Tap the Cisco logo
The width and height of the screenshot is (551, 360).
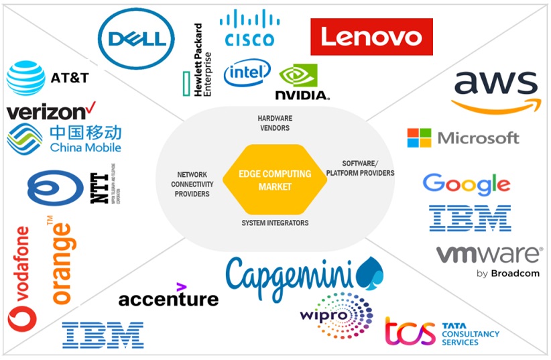coord(249,28)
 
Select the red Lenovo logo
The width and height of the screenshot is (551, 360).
coord(371,37)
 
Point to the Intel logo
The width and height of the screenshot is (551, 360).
coord(247,72)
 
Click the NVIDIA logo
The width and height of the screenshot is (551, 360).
coord(302,82)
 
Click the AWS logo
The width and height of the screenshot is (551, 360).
coord(495,91)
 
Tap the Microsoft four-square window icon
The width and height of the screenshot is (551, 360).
coord(419,138)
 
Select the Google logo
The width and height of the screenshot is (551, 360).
coord(467,184)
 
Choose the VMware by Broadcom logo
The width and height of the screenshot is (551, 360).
coord(488,260)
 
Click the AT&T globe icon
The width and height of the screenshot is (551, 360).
coord(26,78)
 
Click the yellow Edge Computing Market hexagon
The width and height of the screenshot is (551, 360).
coord(275,180)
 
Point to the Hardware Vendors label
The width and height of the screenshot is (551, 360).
coord(275,123)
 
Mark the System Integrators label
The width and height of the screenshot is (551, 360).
coord(275,223)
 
